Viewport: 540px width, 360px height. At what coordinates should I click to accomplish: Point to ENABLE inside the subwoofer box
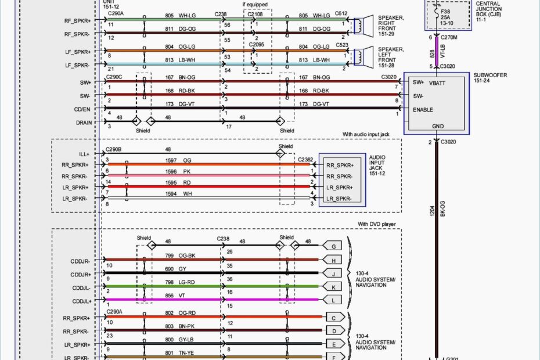pyautogui.click(x=423, y=110)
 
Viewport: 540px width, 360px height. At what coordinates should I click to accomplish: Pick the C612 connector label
pyautogui.click(x=341, y=13)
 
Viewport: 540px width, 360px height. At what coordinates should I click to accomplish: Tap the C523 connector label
pyautogui.click(x=341, y=45)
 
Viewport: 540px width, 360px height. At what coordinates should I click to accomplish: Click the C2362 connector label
pyautogui.click(x=305, y=159)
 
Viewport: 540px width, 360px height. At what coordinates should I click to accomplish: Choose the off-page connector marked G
pyautogui.click(x=333, y=246)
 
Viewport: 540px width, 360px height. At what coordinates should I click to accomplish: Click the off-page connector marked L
pyautogui.click(x=333, y=300)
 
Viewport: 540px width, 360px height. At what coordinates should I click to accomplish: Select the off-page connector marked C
pyautogui.click(x=333, y=318)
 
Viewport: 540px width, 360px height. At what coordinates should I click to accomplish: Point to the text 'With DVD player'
pyautogui.click(x=379, y=224)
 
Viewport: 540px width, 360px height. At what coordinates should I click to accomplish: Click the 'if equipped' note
pyautogui.click(x=255, y=4)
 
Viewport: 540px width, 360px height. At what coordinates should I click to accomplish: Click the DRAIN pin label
pyautogui.click(x=82, y=123)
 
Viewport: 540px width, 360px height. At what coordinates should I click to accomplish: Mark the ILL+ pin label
pyautogui.click(x=85, y=154)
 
